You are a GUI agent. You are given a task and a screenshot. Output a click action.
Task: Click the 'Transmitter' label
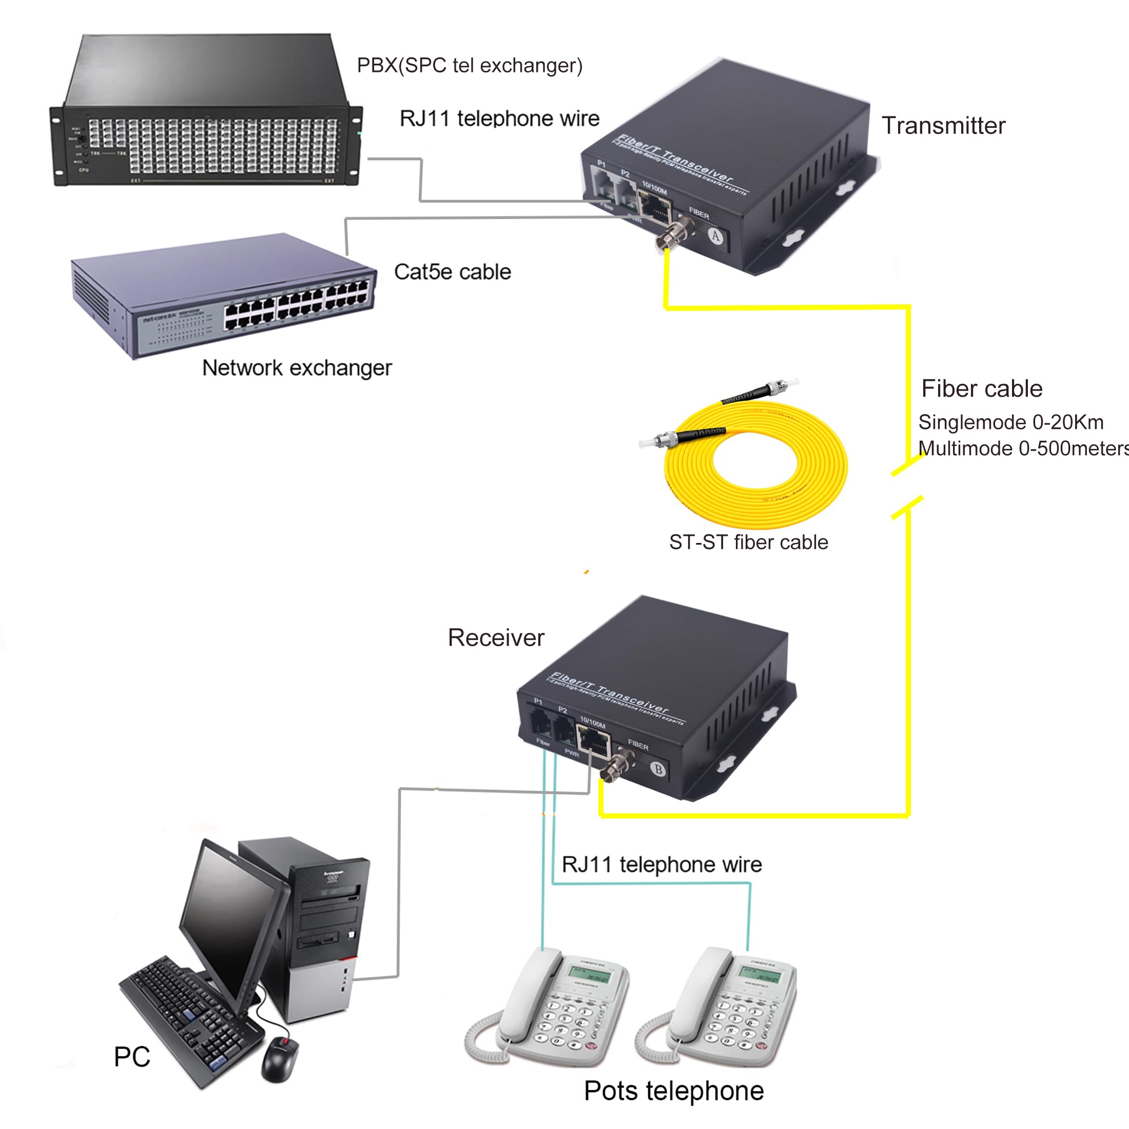(943, 126)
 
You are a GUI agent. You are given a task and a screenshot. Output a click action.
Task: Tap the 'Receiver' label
(496, 637)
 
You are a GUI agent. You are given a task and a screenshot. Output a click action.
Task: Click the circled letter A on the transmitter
(716, 236)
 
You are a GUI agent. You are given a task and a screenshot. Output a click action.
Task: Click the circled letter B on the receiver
(658, 769)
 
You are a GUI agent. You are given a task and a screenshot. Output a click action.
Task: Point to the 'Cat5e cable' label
(452, 272)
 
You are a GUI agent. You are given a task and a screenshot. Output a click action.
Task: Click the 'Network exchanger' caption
(297, 367)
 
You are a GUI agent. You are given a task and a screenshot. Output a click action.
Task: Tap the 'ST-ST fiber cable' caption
(749, 542)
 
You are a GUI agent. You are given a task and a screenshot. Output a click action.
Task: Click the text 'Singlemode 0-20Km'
(1010, 422)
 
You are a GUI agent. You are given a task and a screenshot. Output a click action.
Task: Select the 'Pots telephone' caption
(674, 1091)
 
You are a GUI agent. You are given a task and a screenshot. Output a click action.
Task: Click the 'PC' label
(132, 1057)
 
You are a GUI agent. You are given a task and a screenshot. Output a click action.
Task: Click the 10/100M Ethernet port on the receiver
(594, 743)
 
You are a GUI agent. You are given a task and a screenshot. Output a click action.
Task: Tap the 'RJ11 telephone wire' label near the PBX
(499, 118)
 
